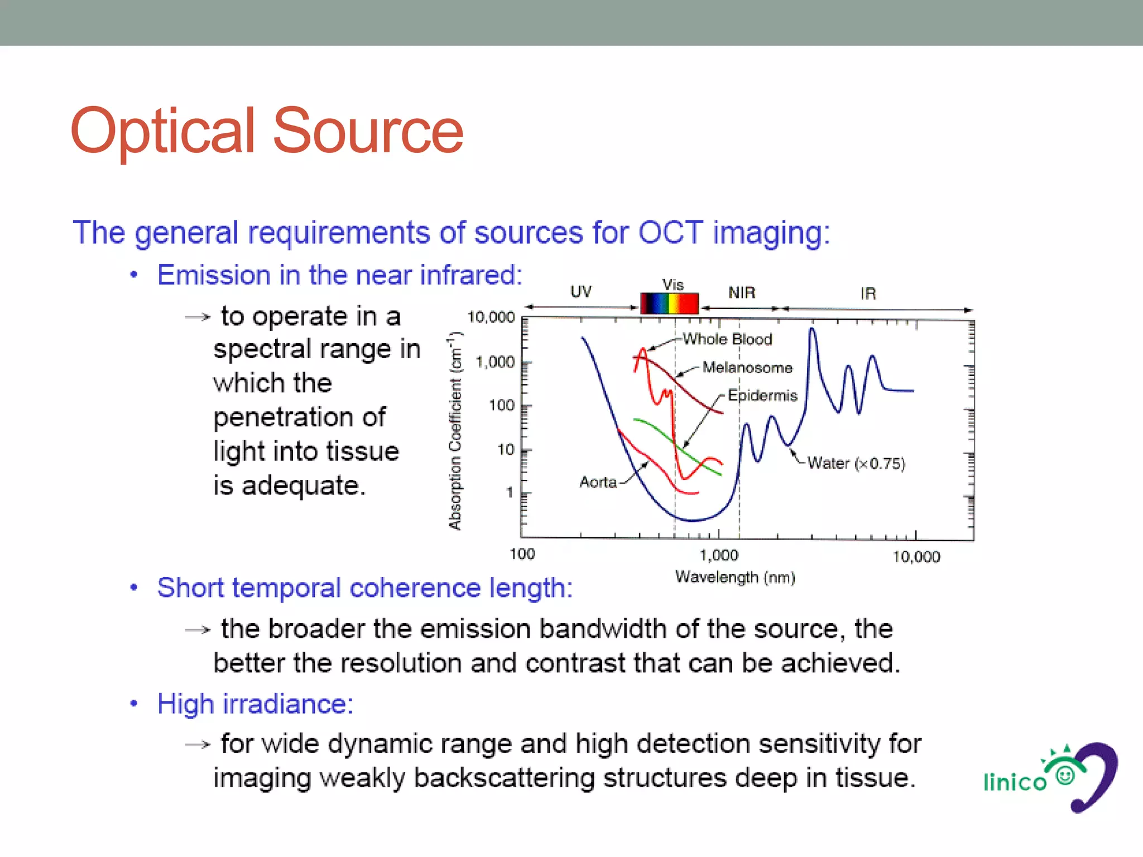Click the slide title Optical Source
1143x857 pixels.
coord(267,131)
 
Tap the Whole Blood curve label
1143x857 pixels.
coord(727,339)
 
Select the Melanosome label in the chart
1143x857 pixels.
coord(747,368)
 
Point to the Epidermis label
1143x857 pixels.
coord(762,396)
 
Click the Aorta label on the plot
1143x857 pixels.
coord(598,482)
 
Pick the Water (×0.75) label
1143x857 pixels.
coord(856,463)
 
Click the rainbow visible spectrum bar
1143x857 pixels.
coord(669,304)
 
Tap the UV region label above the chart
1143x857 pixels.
coord(580,292)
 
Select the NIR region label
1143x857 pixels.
coord(742,292)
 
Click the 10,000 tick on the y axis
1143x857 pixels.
coord(491,317)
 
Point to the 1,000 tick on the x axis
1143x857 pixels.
coord(719,555)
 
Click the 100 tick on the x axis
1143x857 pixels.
coord(522,554)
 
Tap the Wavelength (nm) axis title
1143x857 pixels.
coord(734,577)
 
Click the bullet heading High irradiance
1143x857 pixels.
coord(255,704)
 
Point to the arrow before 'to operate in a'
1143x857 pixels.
coord(198,317)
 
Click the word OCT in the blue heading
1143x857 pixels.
coord(670,232)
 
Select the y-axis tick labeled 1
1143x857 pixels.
coord(509,493)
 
